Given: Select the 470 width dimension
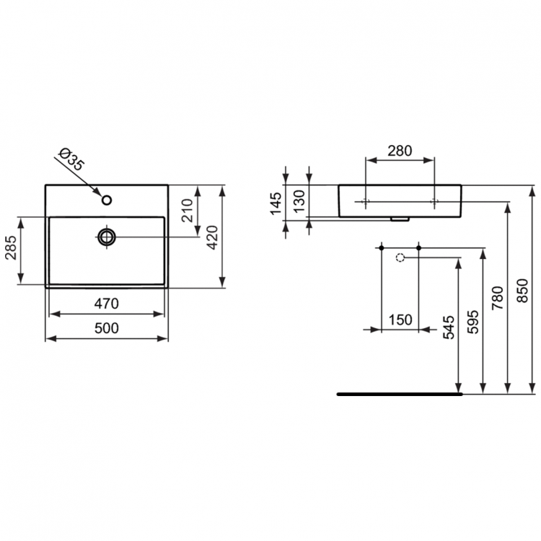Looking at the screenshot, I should pos(106,303).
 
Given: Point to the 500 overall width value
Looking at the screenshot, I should pos(106,327).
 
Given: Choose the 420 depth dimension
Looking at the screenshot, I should pos(211,237).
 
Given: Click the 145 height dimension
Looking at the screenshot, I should pos(276,204).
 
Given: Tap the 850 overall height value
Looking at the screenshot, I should pos(523,289).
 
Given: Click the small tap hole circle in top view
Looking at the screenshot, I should pos(107,200).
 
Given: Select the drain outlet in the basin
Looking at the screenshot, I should pos(107,236).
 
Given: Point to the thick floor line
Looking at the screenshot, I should pos(400,395).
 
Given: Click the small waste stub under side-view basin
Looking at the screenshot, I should pos(396,219).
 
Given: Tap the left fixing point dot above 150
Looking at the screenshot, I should pos(380,248).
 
